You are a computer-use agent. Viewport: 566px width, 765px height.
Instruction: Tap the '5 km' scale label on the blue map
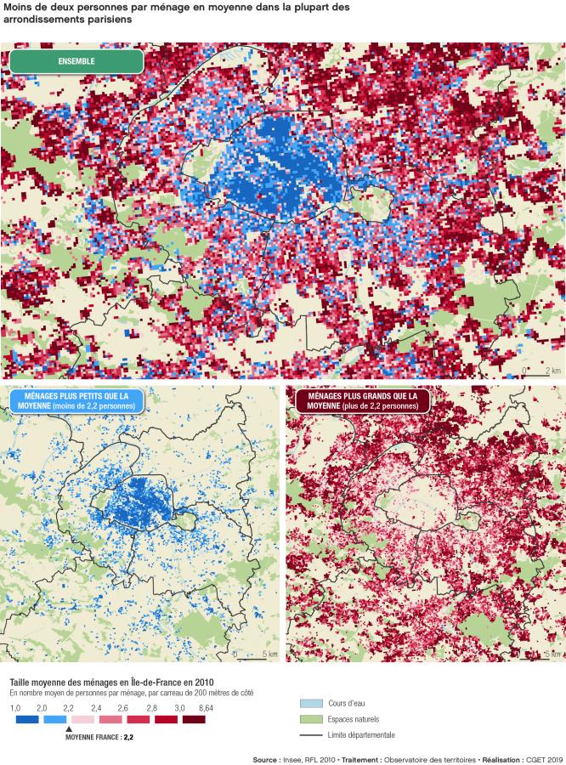click(269, 654)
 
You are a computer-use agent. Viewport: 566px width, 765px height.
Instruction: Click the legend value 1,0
click(14, 707)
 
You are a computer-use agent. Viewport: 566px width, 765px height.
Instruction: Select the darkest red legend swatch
click(194, 719)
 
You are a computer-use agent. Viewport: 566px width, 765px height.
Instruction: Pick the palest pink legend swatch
click(82, 719)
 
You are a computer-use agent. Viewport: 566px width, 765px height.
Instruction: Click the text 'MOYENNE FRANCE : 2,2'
click(99, 738)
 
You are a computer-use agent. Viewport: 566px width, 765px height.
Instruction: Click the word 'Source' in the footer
click(266, 760)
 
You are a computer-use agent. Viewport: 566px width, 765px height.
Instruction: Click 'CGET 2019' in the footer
click(545, 760)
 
